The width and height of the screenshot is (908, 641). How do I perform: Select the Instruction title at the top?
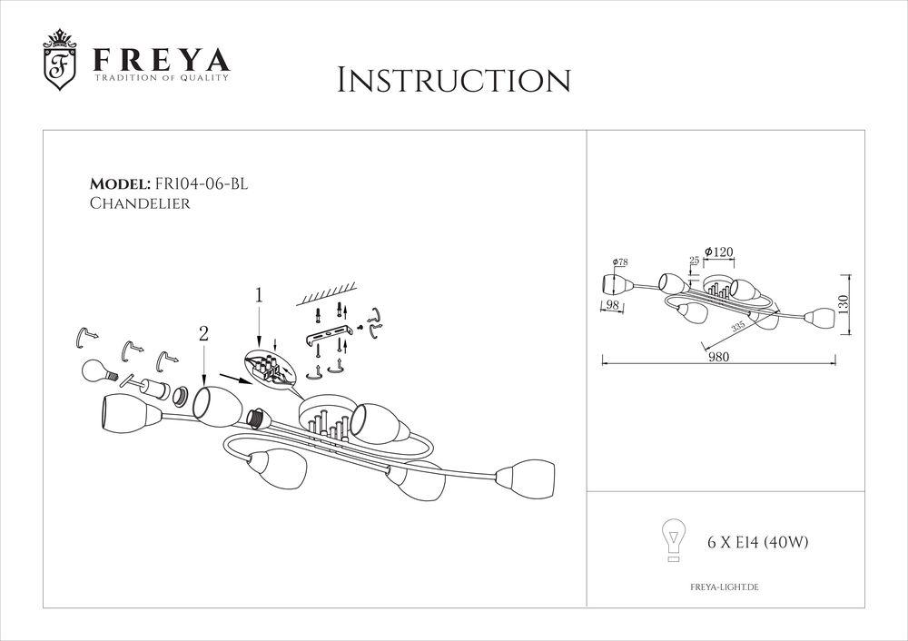pos(454,80)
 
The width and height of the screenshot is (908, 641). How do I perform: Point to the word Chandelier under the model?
pos(140,204)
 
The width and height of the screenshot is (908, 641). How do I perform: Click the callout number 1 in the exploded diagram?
pos(259,295)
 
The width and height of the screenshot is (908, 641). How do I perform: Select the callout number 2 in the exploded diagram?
pos(203,334)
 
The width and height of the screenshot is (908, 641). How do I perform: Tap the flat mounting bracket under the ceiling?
pos(328,339)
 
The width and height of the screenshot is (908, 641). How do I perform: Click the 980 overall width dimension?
pos(720,357)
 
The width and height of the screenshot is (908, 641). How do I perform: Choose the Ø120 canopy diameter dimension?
pos(719,250)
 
